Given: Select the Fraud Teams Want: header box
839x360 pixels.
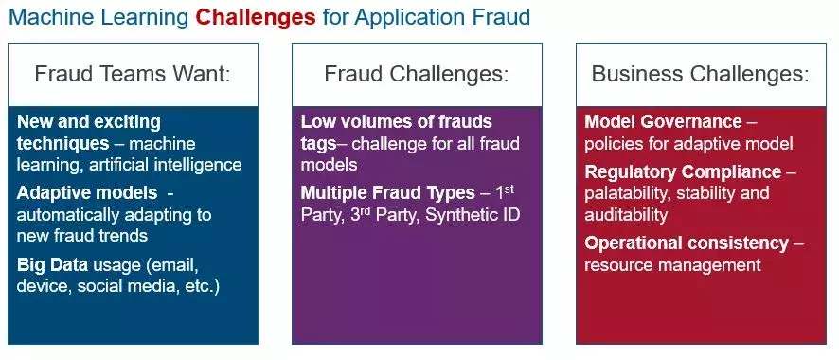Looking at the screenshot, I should click(133, 74).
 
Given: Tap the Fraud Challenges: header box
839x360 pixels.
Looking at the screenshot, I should click(417, 74).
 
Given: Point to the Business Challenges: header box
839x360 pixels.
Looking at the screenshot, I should click(701, 74).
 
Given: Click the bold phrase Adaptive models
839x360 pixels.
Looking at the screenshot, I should click(86, 191).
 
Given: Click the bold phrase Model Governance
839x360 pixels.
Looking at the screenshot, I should click(663, 122).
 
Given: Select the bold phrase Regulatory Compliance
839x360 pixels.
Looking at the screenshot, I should click(683, 172).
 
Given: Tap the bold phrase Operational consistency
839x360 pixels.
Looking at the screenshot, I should click(687, 243).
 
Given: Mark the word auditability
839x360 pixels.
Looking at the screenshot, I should click(628, 215).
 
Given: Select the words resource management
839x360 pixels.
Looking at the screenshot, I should click(672, 266).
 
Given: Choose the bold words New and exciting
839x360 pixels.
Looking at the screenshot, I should click(89, 122).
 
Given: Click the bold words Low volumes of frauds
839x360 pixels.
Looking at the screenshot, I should click(396, 122).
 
